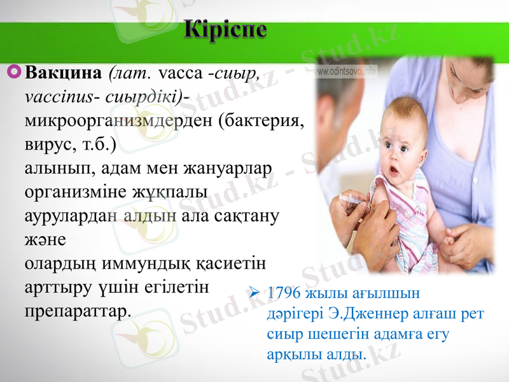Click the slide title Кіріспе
[x=227, y=30]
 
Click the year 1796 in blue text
[x=284, y=294]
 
